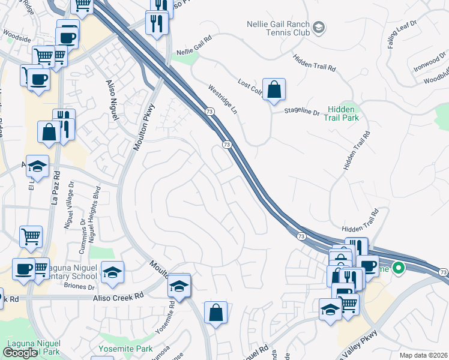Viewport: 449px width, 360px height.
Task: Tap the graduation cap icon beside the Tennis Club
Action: [x=319, y=26]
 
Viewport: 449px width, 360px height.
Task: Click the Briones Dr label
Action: [x=79, y=287]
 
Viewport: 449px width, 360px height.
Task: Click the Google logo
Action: [x=20, y=353]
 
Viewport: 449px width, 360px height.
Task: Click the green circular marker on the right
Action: [x=397, y=268]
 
